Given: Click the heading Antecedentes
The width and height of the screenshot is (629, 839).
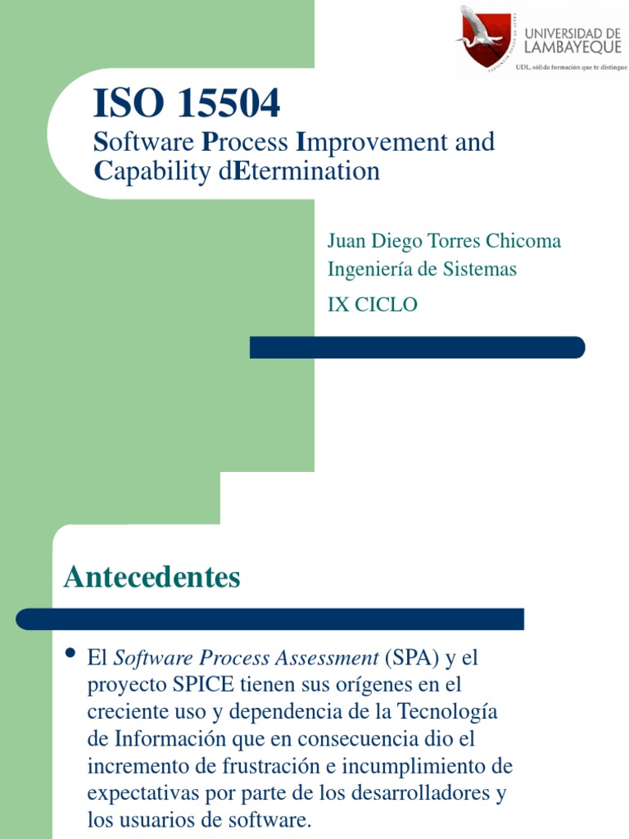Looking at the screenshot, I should pyautogui.click(x=152, y=578).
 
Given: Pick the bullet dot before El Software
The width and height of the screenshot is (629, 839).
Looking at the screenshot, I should pyautogui.click(x=70, y=654).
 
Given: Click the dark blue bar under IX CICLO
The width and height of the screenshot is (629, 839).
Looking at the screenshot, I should pyautogui.click(x=417, y=347).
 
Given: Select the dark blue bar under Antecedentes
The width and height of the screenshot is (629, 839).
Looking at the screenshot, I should pyautogui.click(x=270, y=619).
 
